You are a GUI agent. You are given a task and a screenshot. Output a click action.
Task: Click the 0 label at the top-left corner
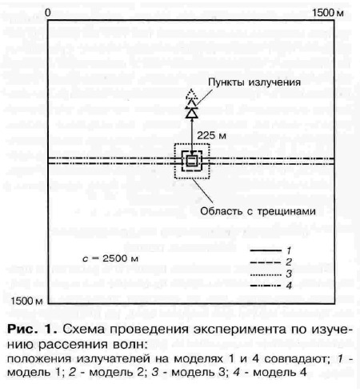pyautogui.click(x=48, y=13)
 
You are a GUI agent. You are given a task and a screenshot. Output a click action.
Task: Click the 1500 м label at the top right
pyautogui.click(x=328, y=13)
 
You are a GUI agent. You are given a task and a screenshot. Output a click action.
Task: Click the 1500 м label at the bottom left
pyautogui.click(x=26, y=301)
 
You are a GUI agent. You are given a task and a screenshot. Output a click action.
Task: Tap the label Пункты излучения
pyautogui.click(x=254, y=82)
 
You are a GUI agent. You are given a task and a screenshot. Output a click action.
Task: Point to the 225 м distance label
pyautogui.click(x=211, y=136)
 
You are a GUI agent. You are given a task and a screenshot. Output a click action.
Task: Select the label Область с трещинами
pyautogui.click(x=258, y=211)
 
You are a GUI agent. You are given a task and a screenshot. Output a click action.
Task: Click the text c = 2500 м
pyautogui.click(x=110, y=258)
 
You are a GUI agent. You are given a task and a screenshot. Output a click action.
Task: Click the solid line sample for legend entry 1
pyautogui.click(x=266, y=250)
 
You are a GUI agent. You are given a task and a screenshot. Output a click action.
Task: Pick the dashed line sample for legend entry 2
pyautogui.click(x=266, y=262)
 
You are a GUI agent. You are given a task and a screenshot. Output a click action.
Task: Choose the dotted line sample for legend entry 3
pyautogui.click(x=266, y=274)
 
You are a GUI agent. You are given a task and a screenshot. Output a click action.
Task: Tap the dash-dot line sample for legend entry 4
pyautogui.click(x=266, y=286)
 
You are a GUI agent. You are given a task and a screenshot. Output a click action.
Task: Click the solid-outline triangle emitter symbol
pyautogui.click(x=192, y=114)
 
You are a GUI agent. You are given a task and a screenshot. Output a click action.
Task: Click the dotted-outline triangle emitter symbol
pyautogui.click(x=191, y=94)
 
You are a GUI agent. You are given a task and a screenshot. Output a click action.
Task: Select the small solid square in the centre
pyautogui.click(x=192, y=161)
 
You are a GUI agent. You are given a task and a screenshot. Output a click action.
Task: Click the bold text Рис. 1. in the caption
pyautogui.click(x=32, y=330)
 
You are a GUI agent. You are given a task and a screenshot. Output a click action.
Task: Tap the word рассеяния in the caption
pyautogui.click(x=70, y=345)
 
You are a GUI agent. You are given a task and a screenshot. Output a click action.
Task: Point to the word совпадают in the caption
pyautogui.click(x=296, y=359)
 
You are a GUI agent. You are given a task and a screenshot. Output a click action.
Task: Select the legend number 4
pyautogui.click(x=289, y=286)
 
